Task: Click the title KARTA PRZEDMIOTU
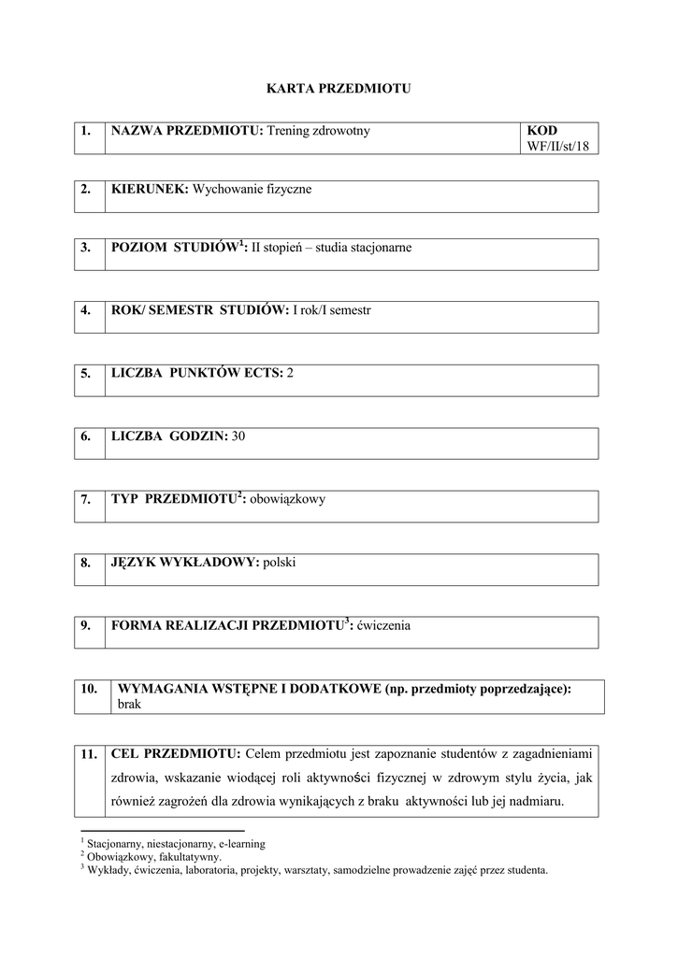tap(339, 89)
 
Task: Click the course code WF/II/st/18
tap(559, 146)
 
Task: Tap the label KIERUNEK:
tap(150, 190)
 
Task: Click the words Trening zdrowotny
tap(319, 131)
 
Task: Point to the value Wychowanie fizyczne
tap(252, 190)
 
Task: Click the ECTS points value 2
tap(290, 373)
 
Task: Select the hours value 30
tap(238, 436)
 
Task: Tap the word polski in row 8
tap(280, 563)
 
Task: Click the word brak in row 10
tap(129, 705)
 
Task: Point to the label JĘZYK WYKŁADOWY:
tap(185, 563)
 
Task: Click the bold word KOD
tap(541, 131)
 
